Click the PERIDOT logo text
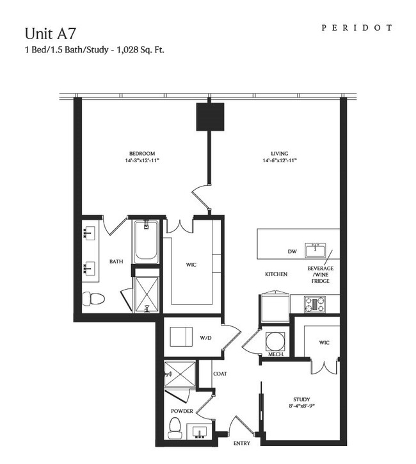coord(357,28)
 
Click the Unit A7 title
coord(50,33)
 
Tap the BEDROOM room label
coord(142,154)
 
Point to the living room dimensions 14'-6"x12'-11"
coord(280,160)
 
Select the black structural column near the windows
coord(210,117)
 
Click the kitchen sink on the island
coord(316,251)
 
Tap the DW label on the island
coord(292,251)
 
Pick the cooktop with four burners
coord(315,304)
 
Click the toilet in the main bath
coord(93,299)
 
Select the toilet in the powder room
coord(175,429)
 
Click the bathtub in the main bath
coord(145,242)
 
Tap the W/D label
coord(205,338)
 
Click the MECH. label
coord(276,354)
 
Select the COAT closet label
coord(220,374)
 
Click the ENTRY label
coord(242,443)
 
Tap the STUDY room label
coord(301,399)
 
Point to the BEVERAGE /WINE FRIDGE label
coord(320,274)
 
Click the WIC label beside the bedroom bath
coord(191,265)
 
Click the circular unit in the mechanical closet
coord(275,341)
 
